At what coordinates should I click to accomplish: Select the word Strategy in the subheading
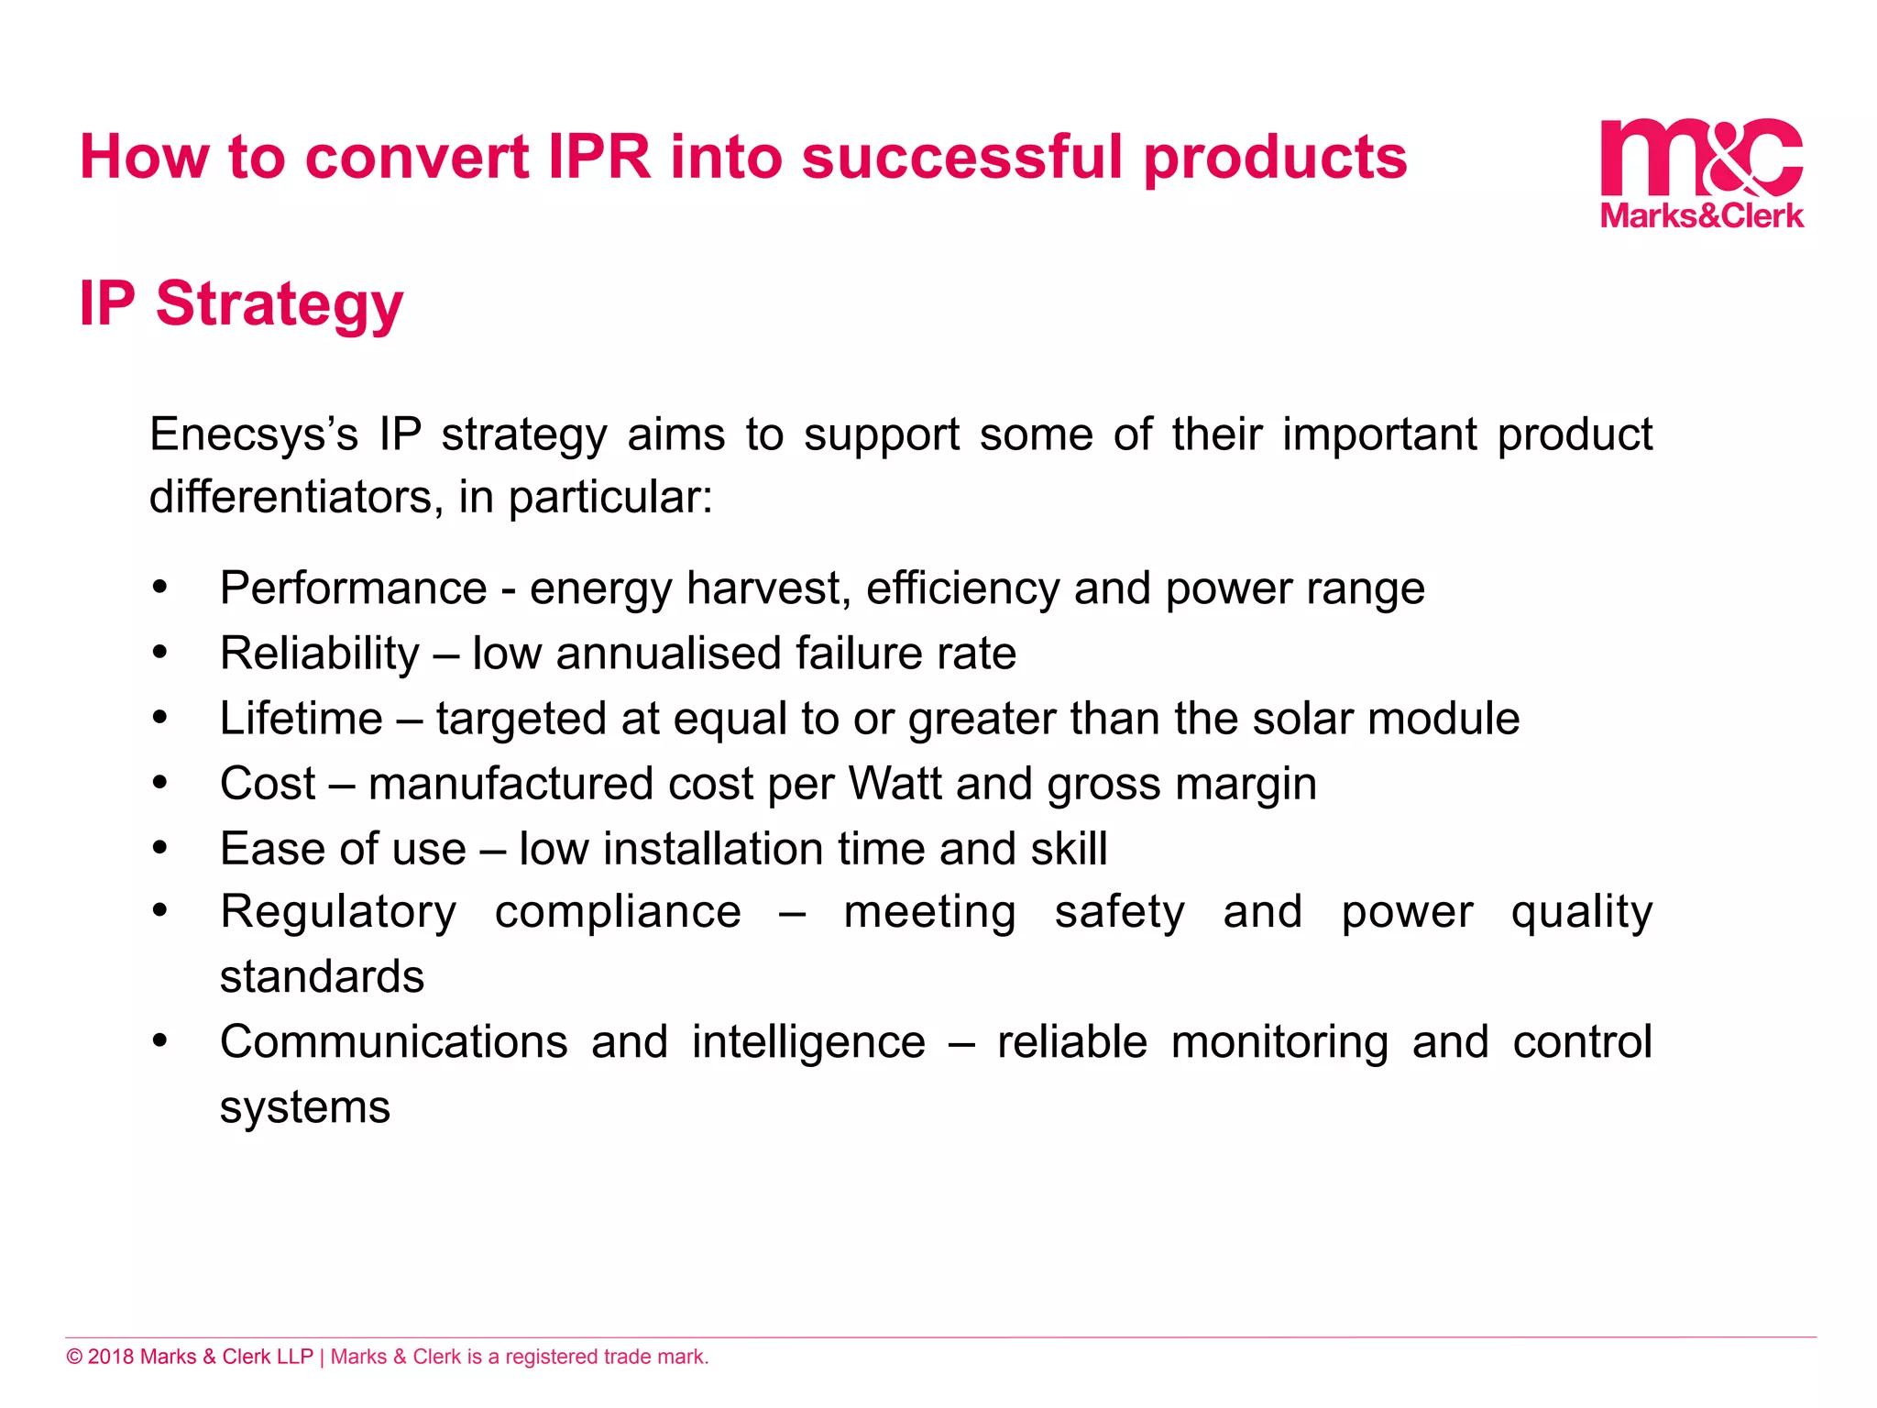pyautogui.click(x=280, y=304)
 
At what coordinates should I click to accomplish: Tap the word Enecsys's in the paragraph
pyautogui.click(x=254, y=434)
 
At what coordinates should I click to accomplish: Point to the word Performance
pyautogui.click(x=353, y=588)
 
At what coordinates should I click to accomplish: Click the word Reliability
pyautogui.click(x=319, y=654)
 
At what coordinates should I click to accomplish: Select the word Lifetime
pyautogui.click(x=301, y=719)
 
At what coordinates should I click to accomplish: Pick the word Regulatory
pyautogui.click(x=338, y=912)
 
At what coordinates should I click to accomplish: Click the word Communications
pyautogui.click(x=394, y=1042)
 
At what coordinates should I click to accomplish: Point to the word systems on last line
pyautogui.click(x=305, y=1107)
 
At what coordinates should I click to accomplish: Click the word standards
pyautogui.click(x=322, y=977)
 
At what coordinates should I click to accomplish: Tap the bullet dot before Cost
pyautogui.click(x=160, y=784)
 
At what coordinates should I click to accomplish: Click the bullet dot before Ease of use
pyautogui.click(x=160, y=849)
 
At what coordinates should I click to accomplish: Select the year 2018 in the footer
pyautogui.click(x=111, y=1357)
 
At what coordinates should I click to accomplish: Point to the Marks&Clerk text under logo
pyautogui.click(x=1702, y=215)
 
